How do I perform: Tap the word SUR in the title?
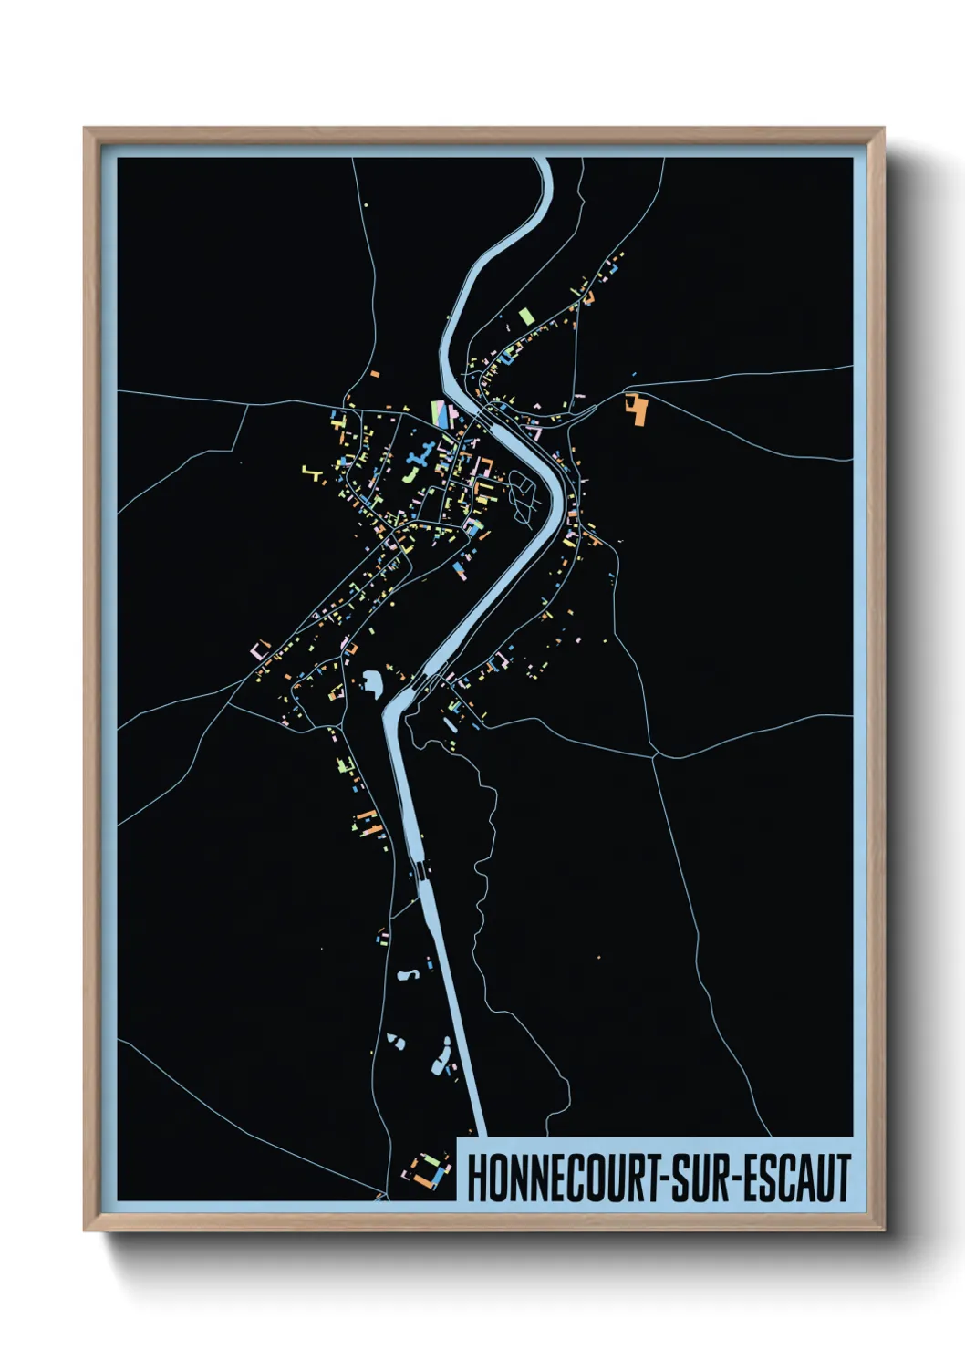pyautogui.click(x=704, y=1178)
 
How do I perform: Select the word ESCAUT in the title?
pyautogui.click(x=797, y=1178)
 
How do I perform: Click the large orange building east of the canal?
pyautogui.click(x=637, y=410)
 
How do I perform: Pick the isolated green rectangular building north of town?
pyautogui.click(x=525, y=317)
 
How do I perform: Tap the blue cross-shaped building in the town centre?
pyautogui.click(x=419, y=460)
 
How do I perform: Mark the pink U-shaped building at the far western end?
pyautogui.click(x=260, y=649)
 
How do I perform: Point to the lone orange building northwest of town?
pyautogui.click(x=374, y=373)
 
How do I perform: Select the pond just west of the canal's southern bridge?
pyautogui.click(x=372, y=681)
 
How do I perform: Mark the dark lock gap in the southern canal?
pyautogui.click(x=420, y=870)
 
